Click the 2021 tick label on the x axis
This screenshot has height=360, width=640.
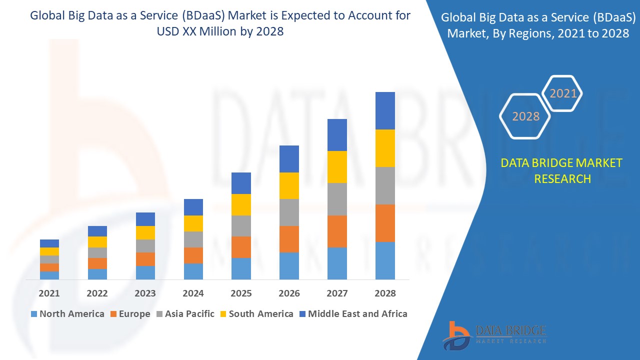(49, 293)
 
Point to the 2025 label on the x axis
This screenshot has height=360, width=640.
(241, 293)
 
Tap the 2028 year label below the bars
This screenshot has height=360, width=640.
(385, 293)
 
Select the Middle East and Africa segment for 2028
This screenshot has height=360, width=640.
(385, 110)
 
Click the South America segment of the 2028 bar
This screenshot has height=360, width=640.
(385, 148)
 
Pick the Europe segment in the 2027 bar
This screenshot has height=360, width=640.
(337, 231)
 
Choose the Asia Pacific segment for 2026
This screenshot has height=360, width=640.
(289, 212)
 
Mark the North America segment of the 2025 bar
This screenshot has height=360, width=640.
(241, 268)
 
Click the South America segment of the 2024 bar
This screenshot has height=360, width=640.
(193, 223)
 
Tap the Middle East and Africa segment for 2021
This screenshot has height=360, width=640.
(49, 243)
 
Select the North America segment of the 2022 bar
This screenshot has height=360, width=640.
(97, 274)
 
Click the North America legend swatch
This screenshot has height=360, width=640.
(34, 314)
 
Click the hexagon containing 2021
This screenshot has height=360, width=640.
(562, 93)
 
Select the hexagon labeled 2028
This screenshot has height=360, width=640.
(525, 116)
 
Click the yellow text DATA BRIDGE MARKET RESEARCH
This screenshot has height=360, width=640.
(562, 170)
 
